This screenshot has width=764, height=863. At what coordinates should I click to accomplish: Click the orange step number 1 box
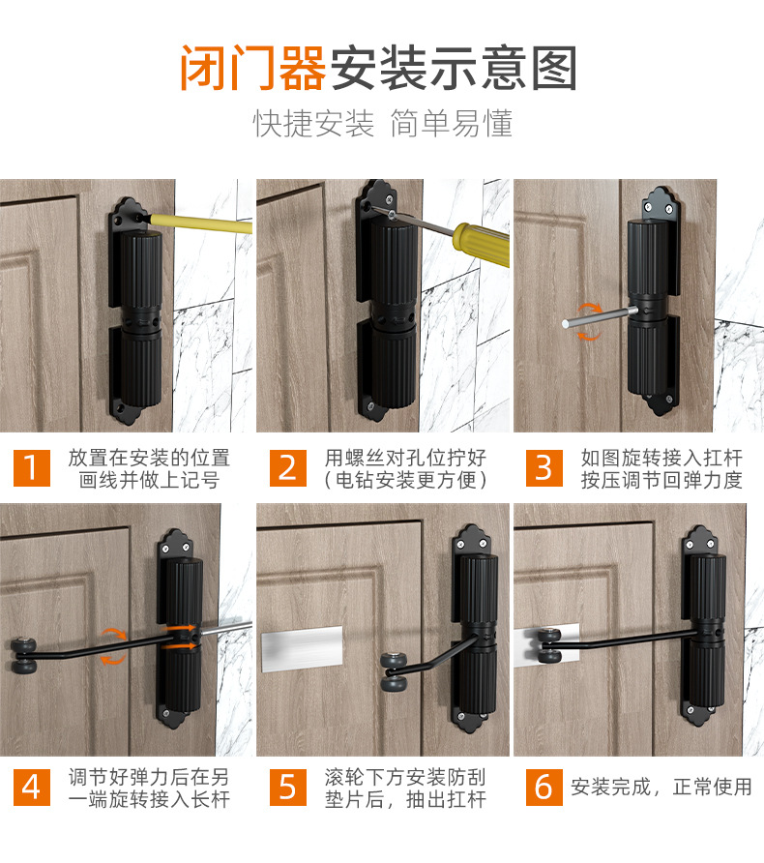31,467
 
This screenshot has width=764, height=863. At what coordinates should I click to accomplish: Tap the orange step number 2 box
287,467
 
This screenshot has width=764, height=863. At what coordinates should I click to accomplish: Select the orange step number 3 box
544,467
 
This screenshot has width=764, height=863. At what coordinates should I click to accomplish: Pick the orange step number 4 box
31,787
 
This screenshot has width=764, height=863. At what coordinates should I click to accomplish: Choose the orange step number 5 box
287,787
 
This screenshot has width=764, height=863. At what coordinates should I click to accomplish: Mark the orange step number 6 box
544,787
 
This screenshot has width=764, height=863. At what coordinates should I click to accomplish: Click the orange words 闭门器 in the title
252,70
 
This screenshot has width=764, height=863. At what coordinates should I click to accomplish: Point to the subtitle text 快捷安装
313,124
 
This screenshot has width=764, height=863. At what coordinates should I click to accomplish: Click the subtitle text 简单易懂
450,124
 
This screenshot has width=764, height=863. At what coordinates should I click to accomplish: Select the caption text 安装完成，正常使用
661,787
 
